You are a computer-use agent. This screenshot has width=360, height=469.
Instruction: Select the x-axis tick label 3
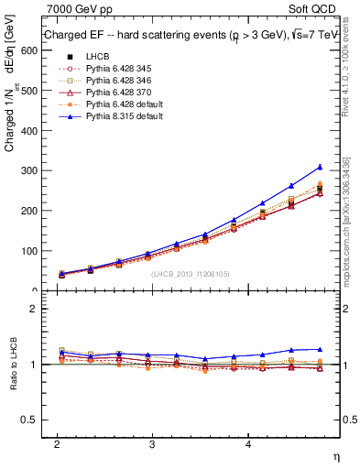[152, 443]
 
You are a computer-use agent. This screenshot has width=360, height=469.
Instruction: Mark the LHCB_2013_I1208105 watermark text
[189, 273]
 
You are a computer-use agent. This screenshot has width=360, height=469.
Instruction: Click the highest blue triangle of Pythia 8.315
[320, 167]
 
